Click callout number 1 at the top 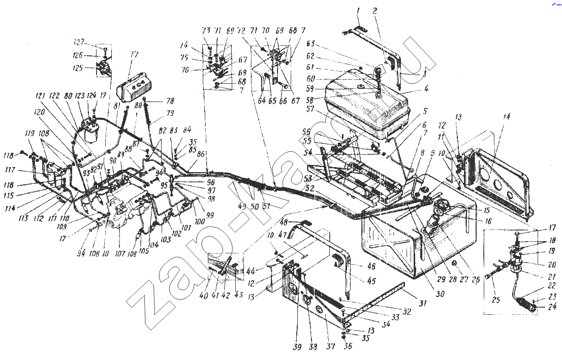[358, 11]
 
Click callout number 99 [209, 215]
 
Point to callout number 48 [284, 222]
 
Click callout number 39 [297, 347]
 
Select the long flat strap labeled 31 [376, 305]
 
